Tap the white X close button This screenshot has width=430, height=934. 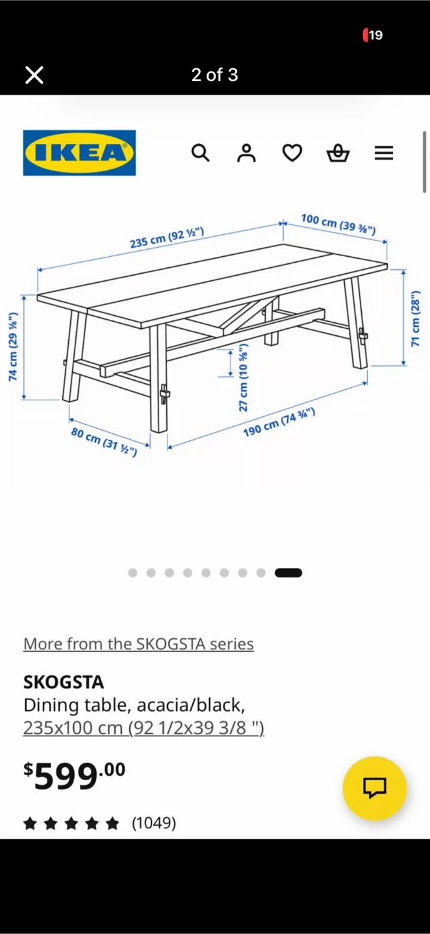34,75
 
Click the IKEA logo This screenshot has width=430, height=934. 79,152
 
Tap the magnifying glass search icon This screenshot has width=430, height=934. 201,153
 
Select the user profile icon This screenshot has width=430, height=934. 246,153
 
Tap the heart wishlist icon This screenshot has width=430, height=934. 292,153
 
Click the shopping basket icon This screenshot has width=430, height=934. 338,153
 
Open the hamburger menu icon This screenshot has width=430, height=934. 384,153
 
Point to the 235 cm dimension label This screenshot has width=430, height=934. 167,237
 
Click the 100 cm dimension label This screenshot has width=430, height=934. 338,224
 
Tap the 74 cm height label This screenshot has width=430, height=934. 14,346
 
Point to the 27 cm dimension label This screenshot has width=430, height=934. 244,377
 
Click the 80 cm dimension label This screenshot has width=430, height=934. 104,442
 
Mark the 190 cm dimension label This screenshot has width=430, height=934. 279,423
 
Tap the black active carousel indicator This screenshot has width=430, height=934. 288,573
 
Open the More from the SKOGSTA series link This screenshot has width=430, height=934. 138,644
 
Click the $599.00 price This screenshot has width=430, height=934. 74,776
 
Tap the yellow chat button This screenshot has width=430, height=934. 375,789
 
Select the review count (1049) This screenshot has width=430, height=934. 154,823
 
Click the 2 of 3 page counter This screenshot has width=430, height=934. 214,75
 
